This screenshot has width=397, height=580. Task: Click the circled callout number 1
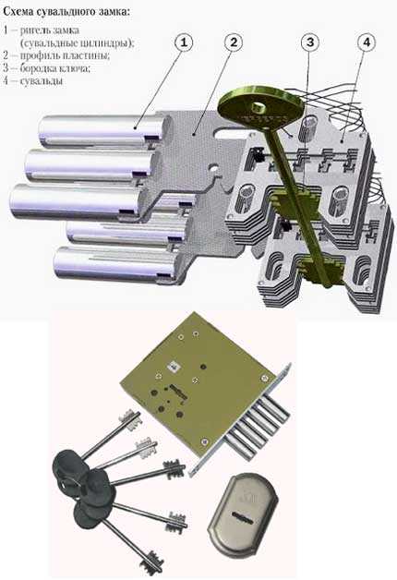(184, 42)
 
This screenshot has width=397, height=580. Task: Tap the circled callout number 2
(234, 42)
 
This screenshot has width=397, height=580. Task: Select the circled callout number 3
(310, 42)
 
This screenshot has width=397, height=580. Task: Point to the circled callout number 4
(366, 42)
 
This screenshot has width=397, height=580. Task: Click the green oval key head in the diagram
(260, 110)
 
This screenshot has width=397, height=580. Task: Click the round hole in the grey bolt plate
(214, 170)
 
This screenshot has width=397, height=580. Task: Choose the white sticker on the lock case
(173, 367)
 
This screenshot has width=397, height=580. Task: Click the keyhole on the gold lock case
(176, 391)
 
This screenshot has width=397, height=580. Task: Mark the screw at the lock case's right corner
(264, 378)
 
